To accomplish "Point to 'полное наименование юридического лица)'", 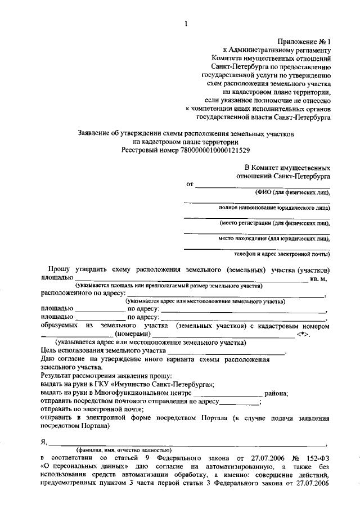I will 274,208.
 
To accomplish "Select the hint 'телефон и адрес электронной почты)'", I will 282,254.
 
